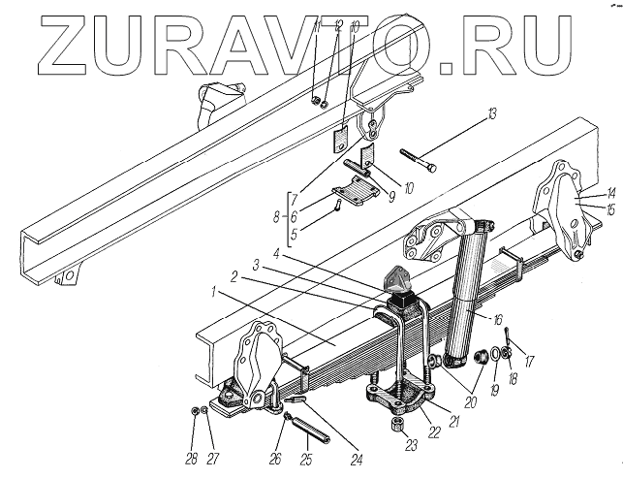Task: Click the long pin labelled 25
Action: [310, 422]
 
